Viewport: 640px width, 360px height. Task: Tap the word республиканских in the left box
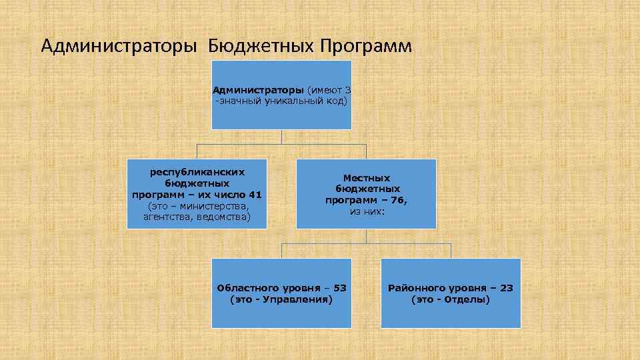pos(197,172)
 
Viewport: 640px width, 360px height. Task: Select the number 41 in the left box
pos(255,195)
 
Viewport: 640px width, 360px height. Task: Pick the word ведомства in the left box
pos(224,217)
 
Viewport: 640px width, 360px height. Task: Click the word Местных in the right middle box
pos(366,178)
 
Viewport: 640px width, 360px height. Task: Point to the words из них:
pos(366,211)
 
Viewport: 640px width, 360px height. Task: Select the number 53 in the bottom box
pos(339,288)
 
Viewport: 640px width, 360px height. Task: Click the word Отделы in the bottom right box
pos(467,299)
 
